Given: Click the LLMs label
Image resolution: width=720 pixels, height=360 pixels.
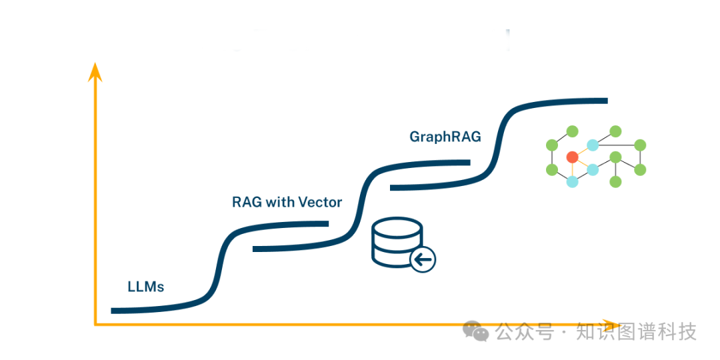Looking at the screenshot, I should [x=146, y=287].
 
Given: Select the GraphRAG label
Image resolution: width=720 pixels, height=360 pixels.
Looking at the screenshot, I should [x=445, y=137].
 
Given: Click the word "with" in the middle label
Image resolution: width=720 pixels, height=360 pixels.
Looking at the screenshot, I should [x=280, y=202].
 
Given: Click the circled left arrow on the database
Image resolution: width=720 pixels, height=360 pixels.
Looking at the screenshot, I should [x=423, y=259].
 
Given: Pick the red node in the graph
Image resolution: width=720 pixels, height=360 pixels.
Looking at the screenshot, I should [x=572, y=157].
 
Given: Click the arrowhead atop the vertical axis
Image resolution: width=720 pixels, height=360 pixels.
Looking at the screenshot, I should [x=95, y=70].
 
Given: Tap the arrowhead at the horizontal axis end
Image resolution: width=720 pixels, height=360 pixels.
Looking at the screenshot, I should [x=612, y=324].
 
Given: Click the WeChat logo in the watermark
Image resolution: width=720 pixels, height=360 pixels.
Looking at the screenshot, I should [x=476, y=331].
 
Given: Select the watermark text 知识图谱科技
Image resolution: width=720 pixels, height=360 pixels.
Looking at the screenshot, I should [x=636, y=331].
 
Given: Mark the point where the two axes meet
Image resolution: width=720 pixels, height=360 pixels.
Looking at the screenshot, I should [x=95, y=325].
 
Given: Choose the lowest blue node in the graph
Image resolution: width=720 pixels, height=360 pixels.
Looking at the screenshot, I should [x=572, y=181].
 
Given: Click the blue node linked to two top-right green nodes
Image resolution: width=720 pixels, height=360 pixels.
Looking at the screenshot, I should [x=593, y=145].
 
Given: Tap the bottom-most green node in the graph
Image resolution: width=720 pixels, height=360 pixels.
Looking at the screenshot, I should [x=616, y=181].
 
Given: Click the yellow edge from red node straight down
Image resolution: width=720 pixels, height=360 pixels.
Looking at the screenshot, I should [x=572, y=169].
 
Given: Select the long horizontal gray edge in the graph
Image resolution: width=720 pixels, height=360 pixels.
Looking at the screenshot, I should [x=617, y=145].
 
